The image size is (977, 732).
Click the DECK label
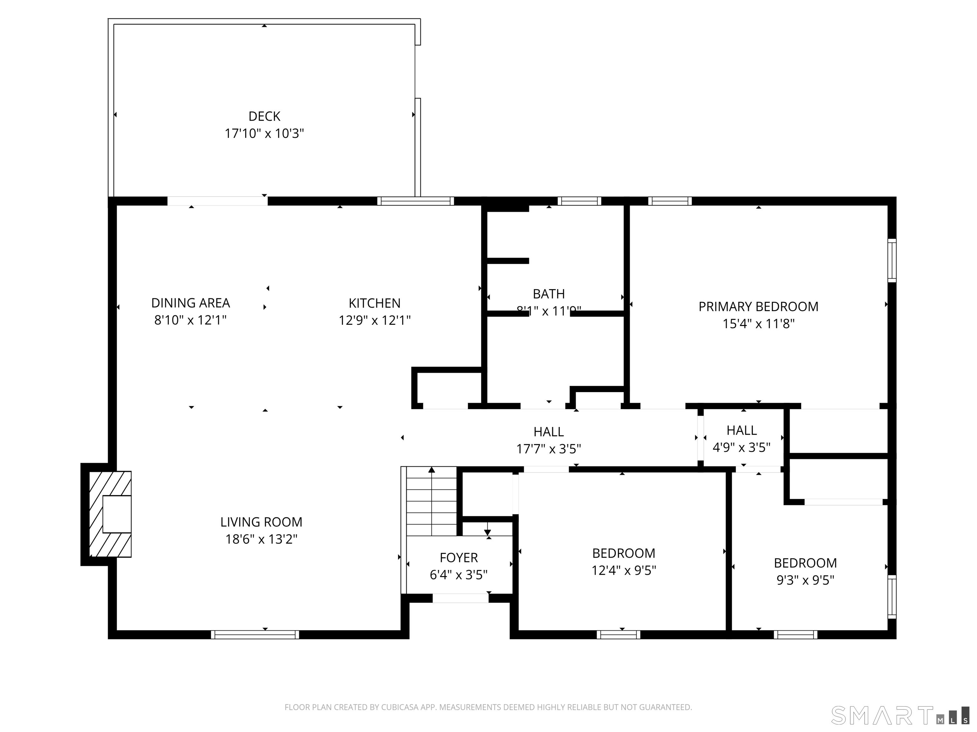264,117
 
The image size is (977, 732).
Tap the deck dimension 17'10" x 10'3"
264,133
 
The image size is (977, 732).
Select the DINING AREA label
191,303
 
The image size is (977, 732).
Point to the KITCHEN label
375,303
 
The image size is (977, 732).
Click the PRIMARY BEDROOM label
758,307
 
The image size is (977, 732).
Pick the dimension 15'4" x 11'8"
758,324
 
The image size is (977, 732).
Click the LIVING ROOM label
261,522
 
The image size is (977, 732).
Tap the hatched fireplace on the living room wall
110,514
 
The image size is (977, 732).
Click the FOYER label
459,558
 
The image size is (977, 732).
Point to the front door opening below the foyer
460,598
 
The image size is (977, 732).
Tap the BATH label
549,294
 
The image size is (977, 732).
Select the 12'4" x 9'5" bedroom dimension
623,571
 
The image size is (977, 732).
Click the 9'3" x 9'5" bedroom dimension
805,580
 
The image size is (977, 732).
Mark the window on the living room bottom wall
255,634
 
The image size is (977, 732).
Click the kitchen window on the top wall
415,201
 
